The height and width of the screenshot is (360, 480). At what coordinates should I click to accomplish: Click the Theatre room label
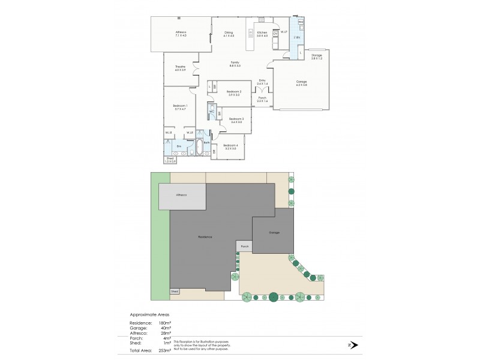180,66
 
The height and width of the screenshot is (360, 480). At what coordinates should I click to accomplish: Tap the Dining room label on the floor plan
229,32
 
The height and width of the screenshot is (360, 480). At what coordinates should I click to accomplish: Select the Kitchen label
262,32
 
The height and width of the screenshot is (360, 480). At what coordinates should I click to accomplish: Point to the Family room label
235,62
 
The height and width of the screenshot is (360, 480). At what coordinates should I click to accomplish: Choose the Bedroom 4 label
231,145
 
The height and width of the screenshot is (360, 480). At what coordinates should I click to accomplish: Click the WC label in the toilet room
212,112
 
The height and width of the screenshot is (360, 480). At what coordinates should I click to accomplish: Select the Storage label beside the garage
316,55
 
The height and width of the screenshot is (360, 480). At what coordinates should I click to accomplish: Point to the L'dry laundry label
297,37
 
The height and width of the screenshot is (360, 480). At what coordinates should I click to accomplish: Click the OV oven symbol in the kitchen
275,34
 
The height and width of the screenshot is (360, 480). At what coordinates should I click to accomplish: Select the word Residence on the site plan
205,237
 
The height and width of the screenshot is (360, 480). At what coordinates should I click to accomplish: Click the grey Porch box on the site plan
244,246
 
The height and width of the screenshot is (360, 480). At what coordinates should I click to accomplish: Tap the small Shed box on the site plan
175,291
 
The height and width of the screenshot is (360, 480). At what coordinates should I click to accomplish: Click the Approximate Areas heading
150,314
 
